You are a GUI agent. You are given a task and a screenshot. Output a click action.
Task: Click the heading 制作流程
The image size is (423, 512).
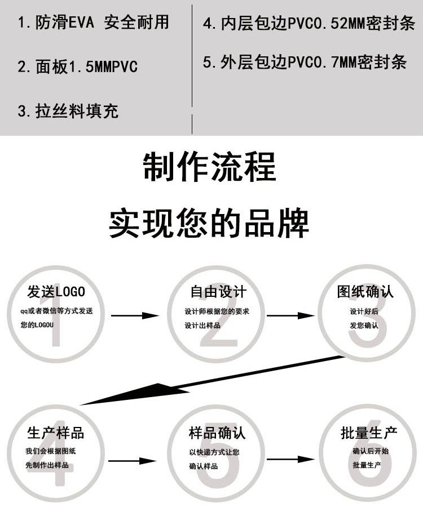pos(210,167)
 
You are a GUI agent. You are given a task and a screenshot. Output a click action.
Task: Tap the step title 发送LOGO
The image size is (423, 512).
pos(56,292)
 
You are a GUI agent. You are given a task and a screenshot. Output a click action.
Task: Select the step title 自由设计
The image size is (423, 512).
pos(218,291)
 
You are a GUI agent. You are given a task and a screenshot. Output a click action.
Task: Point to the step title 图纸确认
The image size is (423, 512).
pos(365,291)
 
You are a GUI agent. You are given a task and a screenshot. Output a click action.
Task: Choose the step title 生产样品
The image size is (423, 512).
pos(56,433)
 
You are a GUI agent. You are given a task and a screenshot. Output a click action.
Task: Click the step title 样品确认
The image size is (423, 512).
pos(217,433)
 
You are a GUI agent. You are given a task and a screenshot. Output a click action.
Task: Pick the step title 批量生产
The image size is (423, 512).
pos(369,433)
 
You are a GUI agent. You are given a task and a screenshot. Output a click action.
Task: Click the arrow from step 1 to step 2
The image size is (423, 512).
pos(135,315)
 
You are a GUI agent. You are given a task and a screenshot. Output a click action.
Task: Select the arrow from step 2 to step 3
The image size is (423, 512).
pos(290,315)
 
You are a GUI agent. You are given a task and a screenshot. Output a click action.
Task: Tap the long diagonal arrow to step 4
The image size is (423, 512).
pos(212,380)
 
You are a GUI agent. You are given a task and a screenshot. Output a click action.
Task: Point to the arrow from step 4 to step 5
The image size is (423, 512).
pos(133,461)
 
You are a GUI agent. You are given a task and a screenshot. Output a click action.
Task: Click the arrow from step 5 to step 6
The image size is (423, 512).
pos(290,460)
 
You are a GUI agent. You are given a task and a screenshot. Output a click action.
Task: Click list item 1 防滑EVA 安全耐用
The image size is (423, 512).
pos(94,22)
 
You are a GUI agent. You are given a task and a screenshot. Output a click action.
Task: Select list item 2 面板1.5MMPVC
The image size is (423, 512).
pos(78,66)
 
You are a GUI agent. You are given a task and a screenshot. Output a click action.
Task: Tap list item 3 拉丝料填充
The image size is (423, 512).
pos(68,111)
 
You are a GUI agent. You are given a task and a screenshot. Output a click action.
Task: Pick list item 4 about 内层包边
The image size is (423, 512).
pos(309,23)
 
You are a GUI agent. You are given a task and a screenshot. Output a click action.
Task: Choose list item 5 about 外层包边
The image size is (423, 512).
pos(305,62)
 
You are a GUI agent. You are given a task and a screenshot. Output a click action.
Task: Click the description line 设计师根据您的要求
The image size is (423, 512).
pos(217,311)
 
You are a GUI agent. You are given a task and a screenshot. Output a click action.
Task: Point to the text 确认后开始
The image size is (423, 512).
pos(371,451)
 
